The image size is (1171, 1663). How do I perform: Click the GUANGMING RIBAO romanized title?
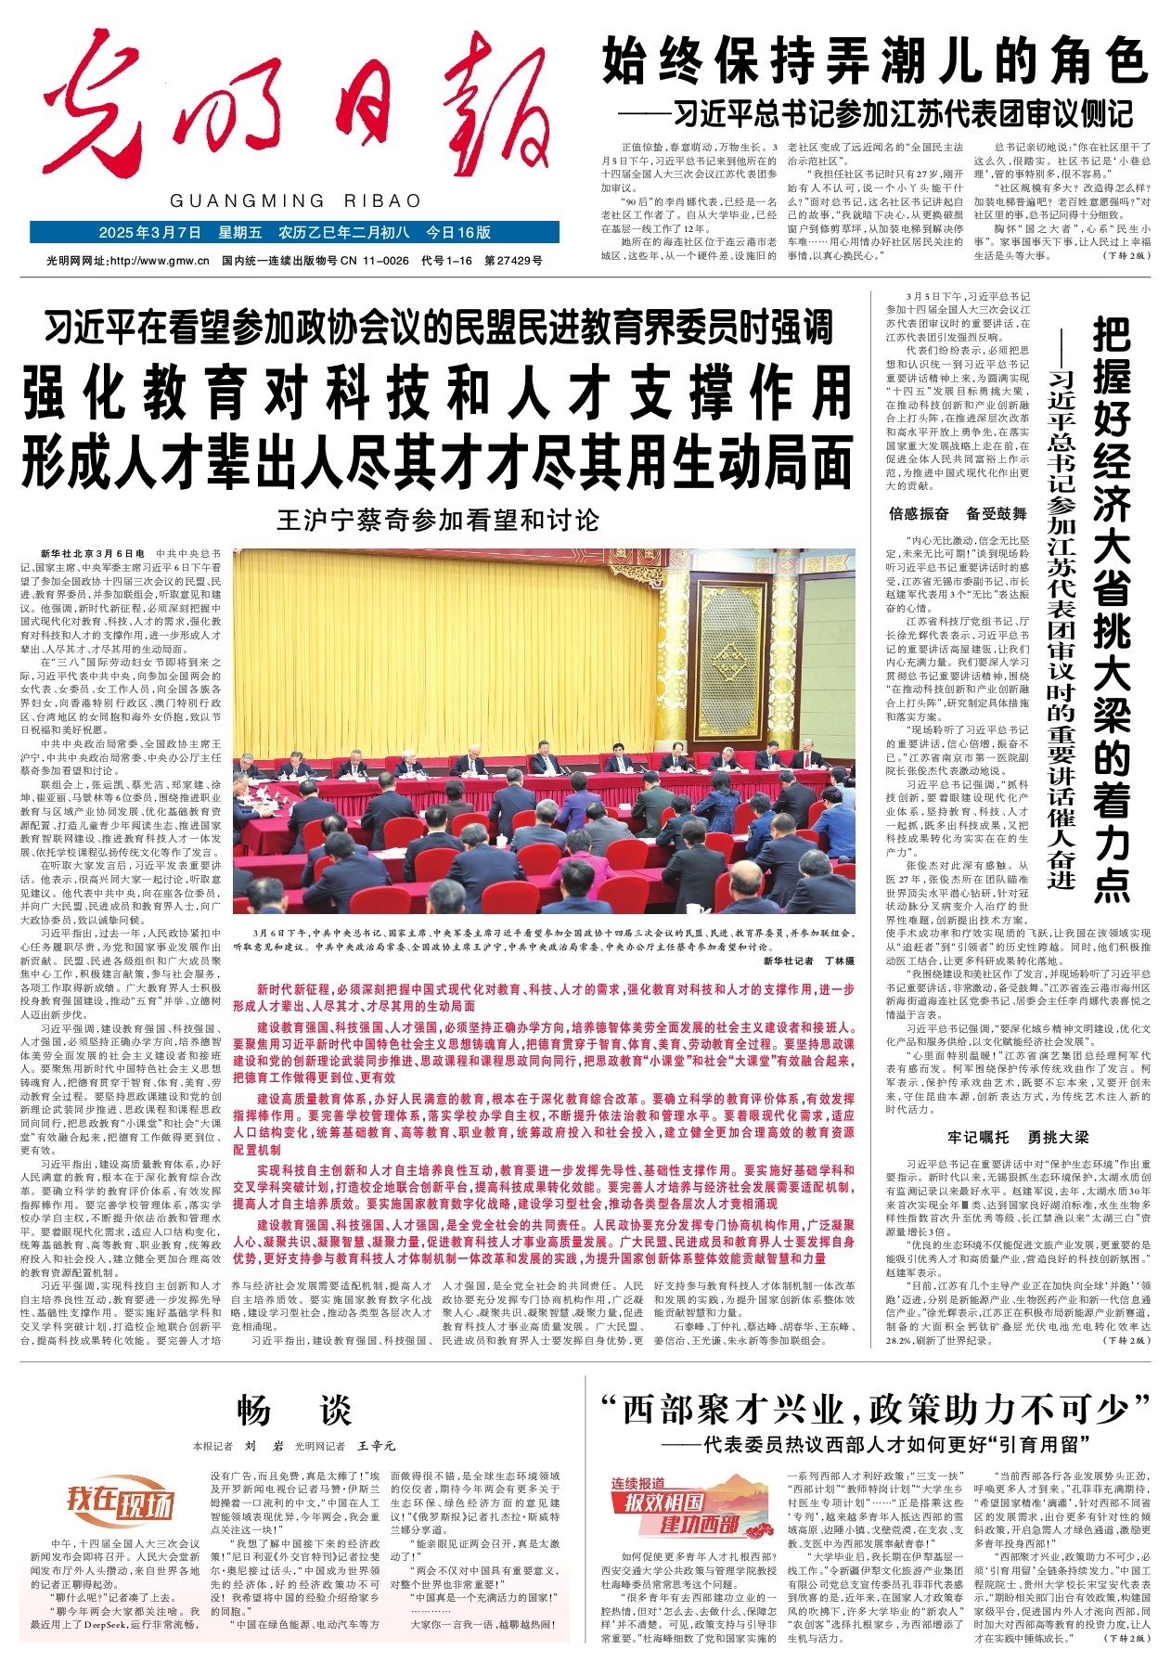tap(295, 201)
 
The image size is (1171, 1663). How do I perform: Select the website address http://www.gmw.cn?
tap(157, 261)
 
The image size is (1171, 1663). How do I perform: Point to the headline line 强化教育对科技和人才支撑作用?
tap(437, 393)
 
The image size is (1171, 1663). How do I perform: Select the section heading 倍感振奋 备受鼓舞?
tap(958, 513)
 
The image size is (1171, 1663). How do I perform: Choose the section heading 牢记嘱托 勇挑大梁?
tap(1017, 1137)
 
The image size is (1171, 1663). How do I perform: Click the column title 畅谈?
tap(294, 1411)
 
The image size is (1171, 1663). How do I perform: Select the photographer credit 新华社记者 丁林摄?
tap(808, 961)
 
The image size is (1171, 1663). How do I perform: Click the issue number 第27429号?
tap(513, 261)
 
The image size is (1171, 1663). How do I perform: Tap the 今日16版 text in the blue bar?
tap(457, 232)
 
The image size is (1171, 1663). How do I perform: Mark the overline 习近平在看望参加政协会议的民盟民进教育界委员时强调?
tap(438, 328)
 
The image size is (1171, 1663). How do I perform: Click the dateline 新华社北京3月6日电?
tap(93, 554)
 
